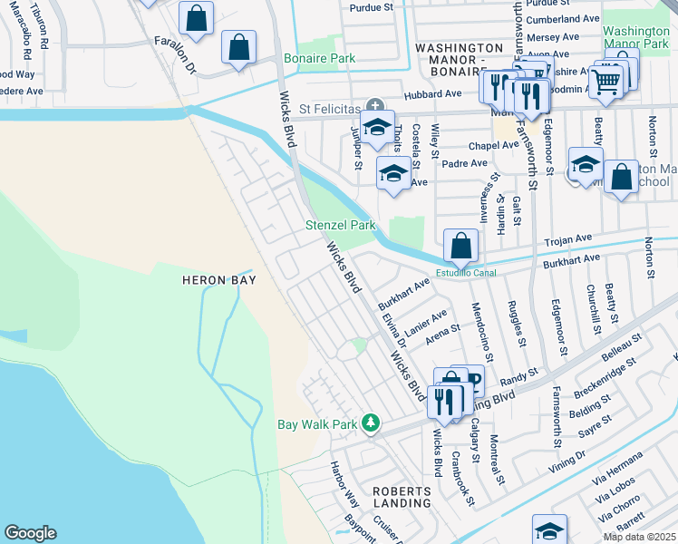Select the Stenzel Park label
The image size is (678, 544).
click(x=341, y=225)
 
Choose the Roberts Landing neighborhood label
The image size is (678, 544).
click(x=402, y=496)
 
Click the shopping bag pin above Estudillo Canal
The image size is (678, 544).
click(x=460, y=245)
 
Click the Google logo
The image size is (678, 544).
click(x=29, y=533)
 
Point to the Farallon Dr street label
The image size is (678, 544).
click(x=175, y=54)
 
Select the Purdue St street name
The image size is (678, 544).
click(x=372, y=6)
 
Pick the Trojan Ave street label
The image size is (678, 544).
click(x=567, y=240)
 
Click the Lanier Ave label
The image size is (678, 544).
click(x=427, y=325)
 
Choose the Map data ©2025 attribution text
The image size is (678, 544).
click(x=638, y=537)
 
